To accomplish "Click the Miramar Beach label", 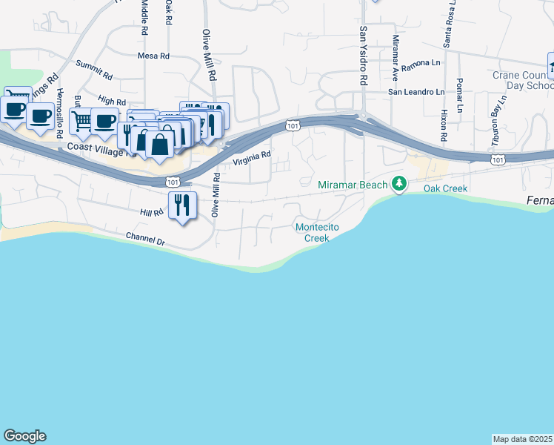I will [x=353, y=184].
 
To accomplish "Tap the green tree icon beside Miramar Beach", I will [x=399, y=182].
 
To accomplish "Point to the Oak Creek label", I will [x=445, y=188].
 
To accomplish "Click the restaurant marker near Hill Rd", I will [x=182, y=204].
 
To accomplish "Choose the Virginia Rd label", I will [x=253, y=159].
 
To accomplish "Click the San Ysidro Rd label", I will [x=364, y=56].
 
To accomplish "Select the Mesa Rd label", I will [x=153, y=56].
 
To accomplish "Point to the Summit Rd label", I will [x=94, y=70].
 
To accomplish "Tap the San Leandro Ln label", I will [x=417, y=92].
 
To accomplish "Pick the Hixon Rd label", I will [x=444, y=126].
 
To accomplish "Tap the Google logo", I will [x=24, y=436].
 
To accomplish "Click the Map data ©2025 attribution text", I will [x=523, y=439].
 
